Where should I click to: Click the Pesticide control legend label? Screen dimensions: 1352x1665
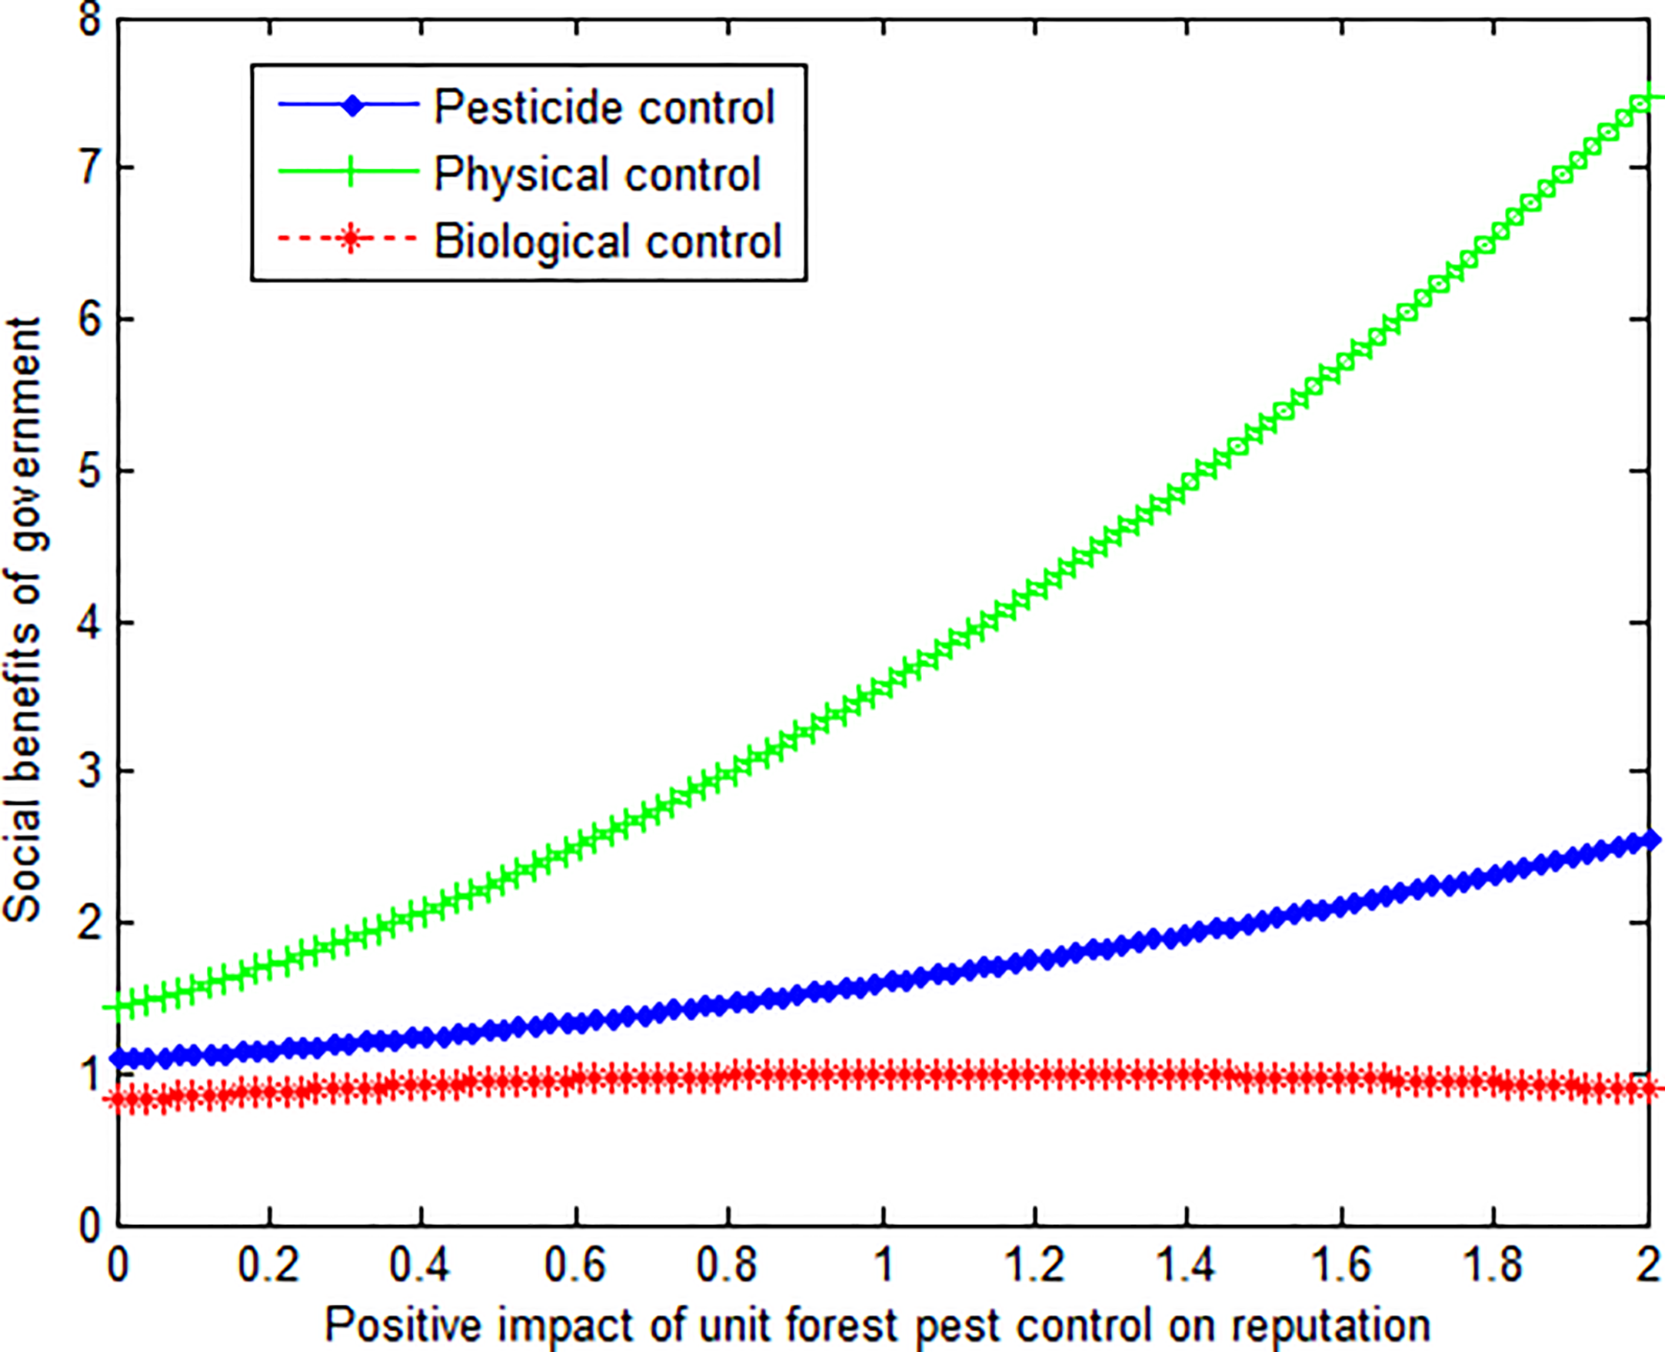(603, 107)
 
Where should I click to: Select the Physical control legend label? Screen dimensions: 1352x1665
(596, 174)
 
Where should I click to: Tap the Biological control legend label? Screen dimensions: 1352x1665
(607, 241)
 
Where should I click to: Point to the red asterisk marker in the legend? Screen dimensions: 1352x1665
(350, 239)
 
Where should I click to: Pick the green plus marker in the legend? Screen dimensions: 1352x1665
(350, 172)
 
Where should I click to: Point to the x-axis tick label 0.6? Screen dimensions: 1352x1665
(574, 1266)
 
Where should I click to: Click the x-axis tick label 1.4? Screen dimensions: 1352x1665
(1186, 1266)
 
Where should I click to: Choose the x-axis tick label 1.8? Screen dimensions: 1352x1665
(1492, 1266)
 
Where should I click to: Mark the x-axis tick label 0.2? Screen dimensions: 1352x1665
(268, 1266)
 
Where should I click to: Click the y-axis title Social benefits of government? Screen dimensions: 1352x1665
(23, 619)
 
